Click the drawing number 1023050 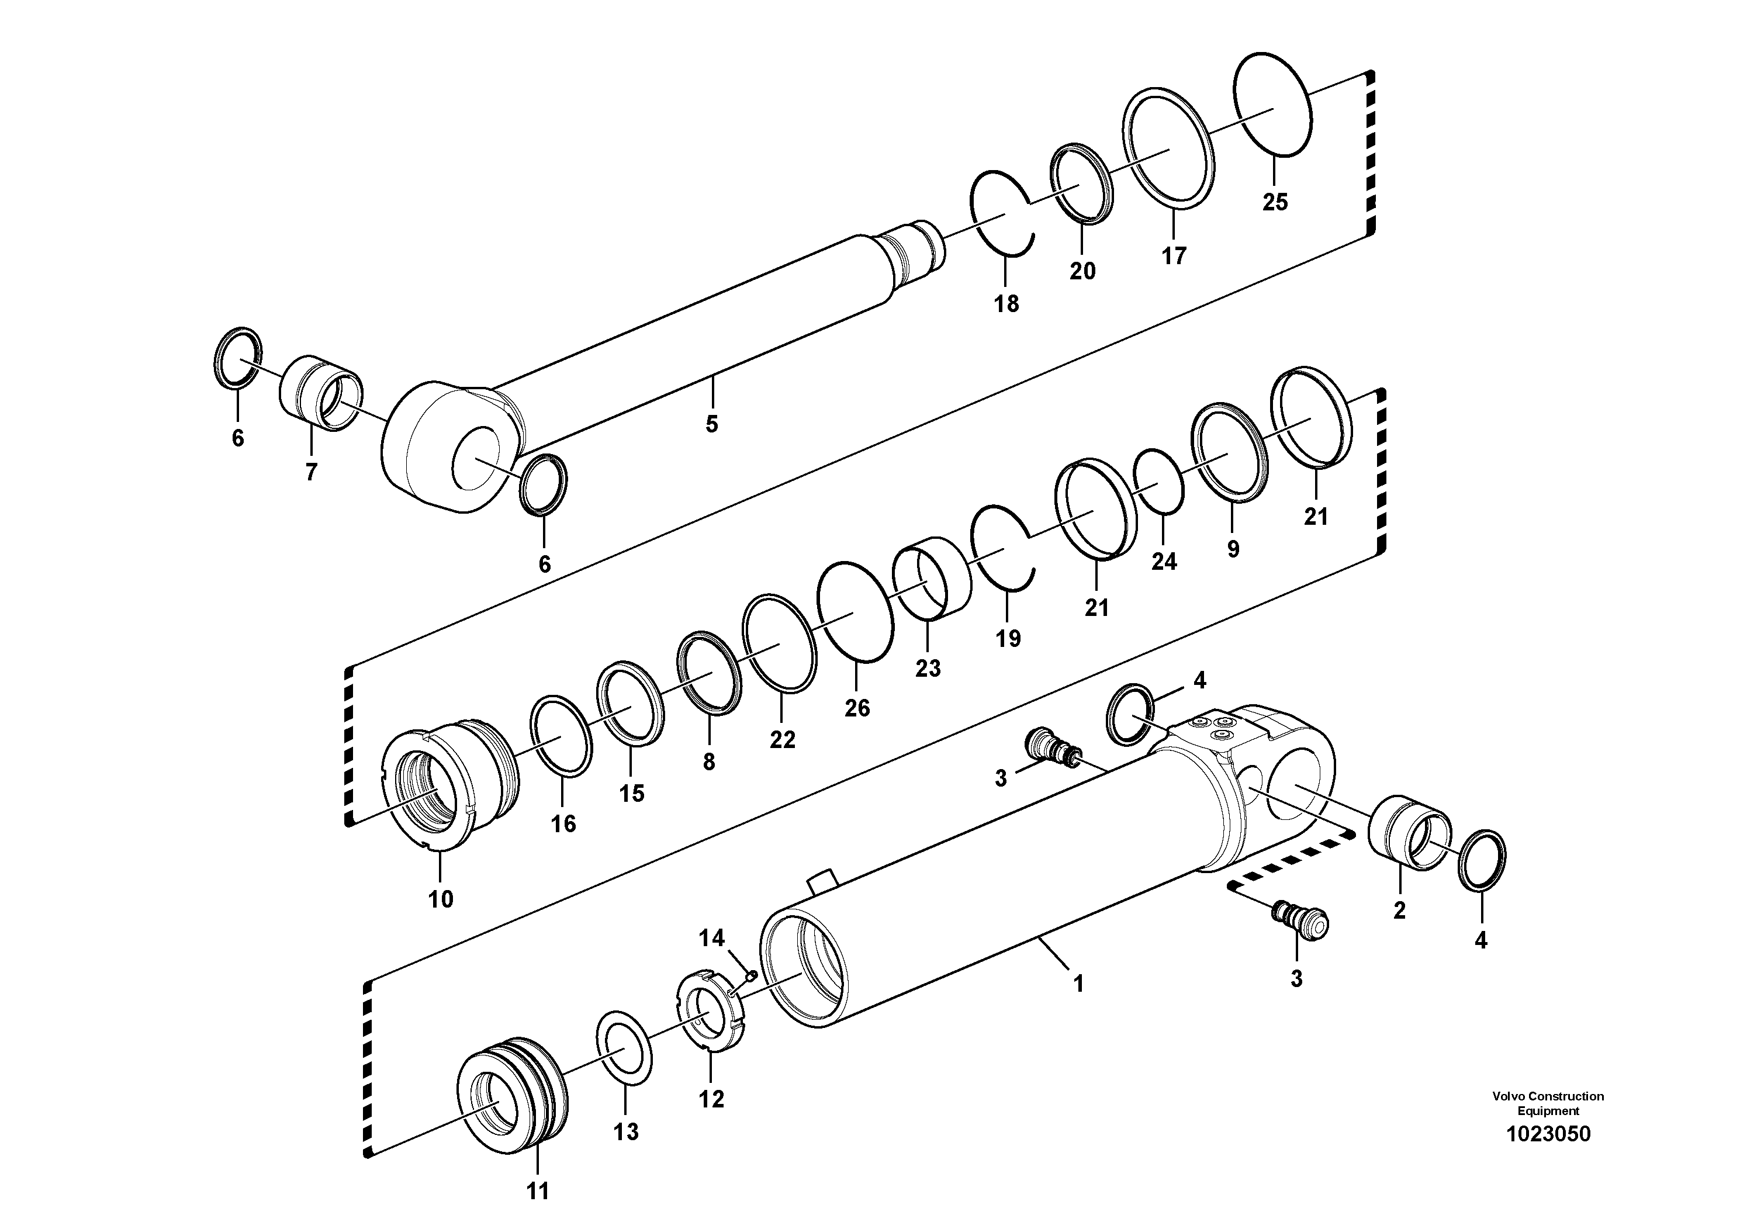click(1548, 1155)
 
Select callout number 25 click(1275, 202)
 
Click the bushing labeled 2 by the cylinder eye click(1409, 833)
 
